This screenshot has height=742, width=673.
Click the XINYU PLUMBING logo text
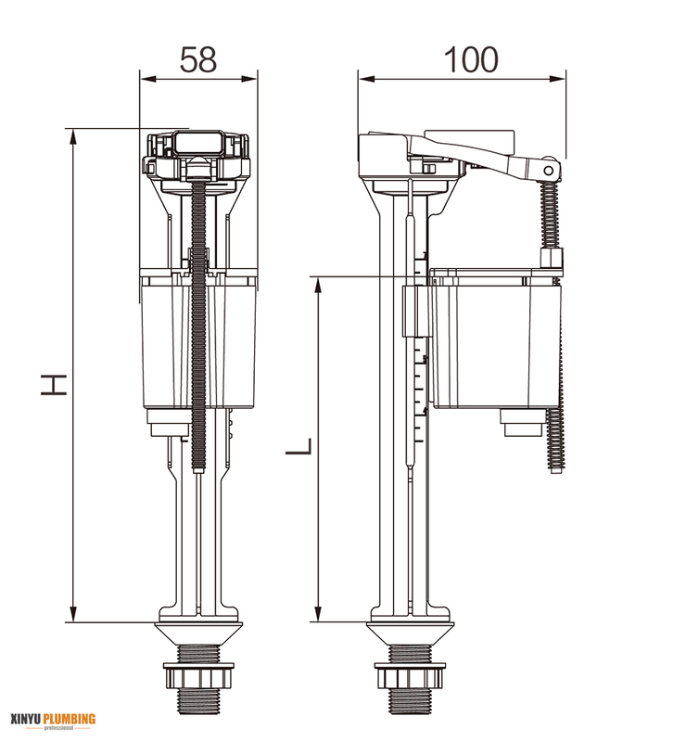coord(53,719)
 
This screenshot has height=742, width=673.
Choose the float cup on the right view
coord(491,343)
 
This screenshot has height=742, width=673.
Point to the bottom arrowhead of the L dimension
coord(319,615)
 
